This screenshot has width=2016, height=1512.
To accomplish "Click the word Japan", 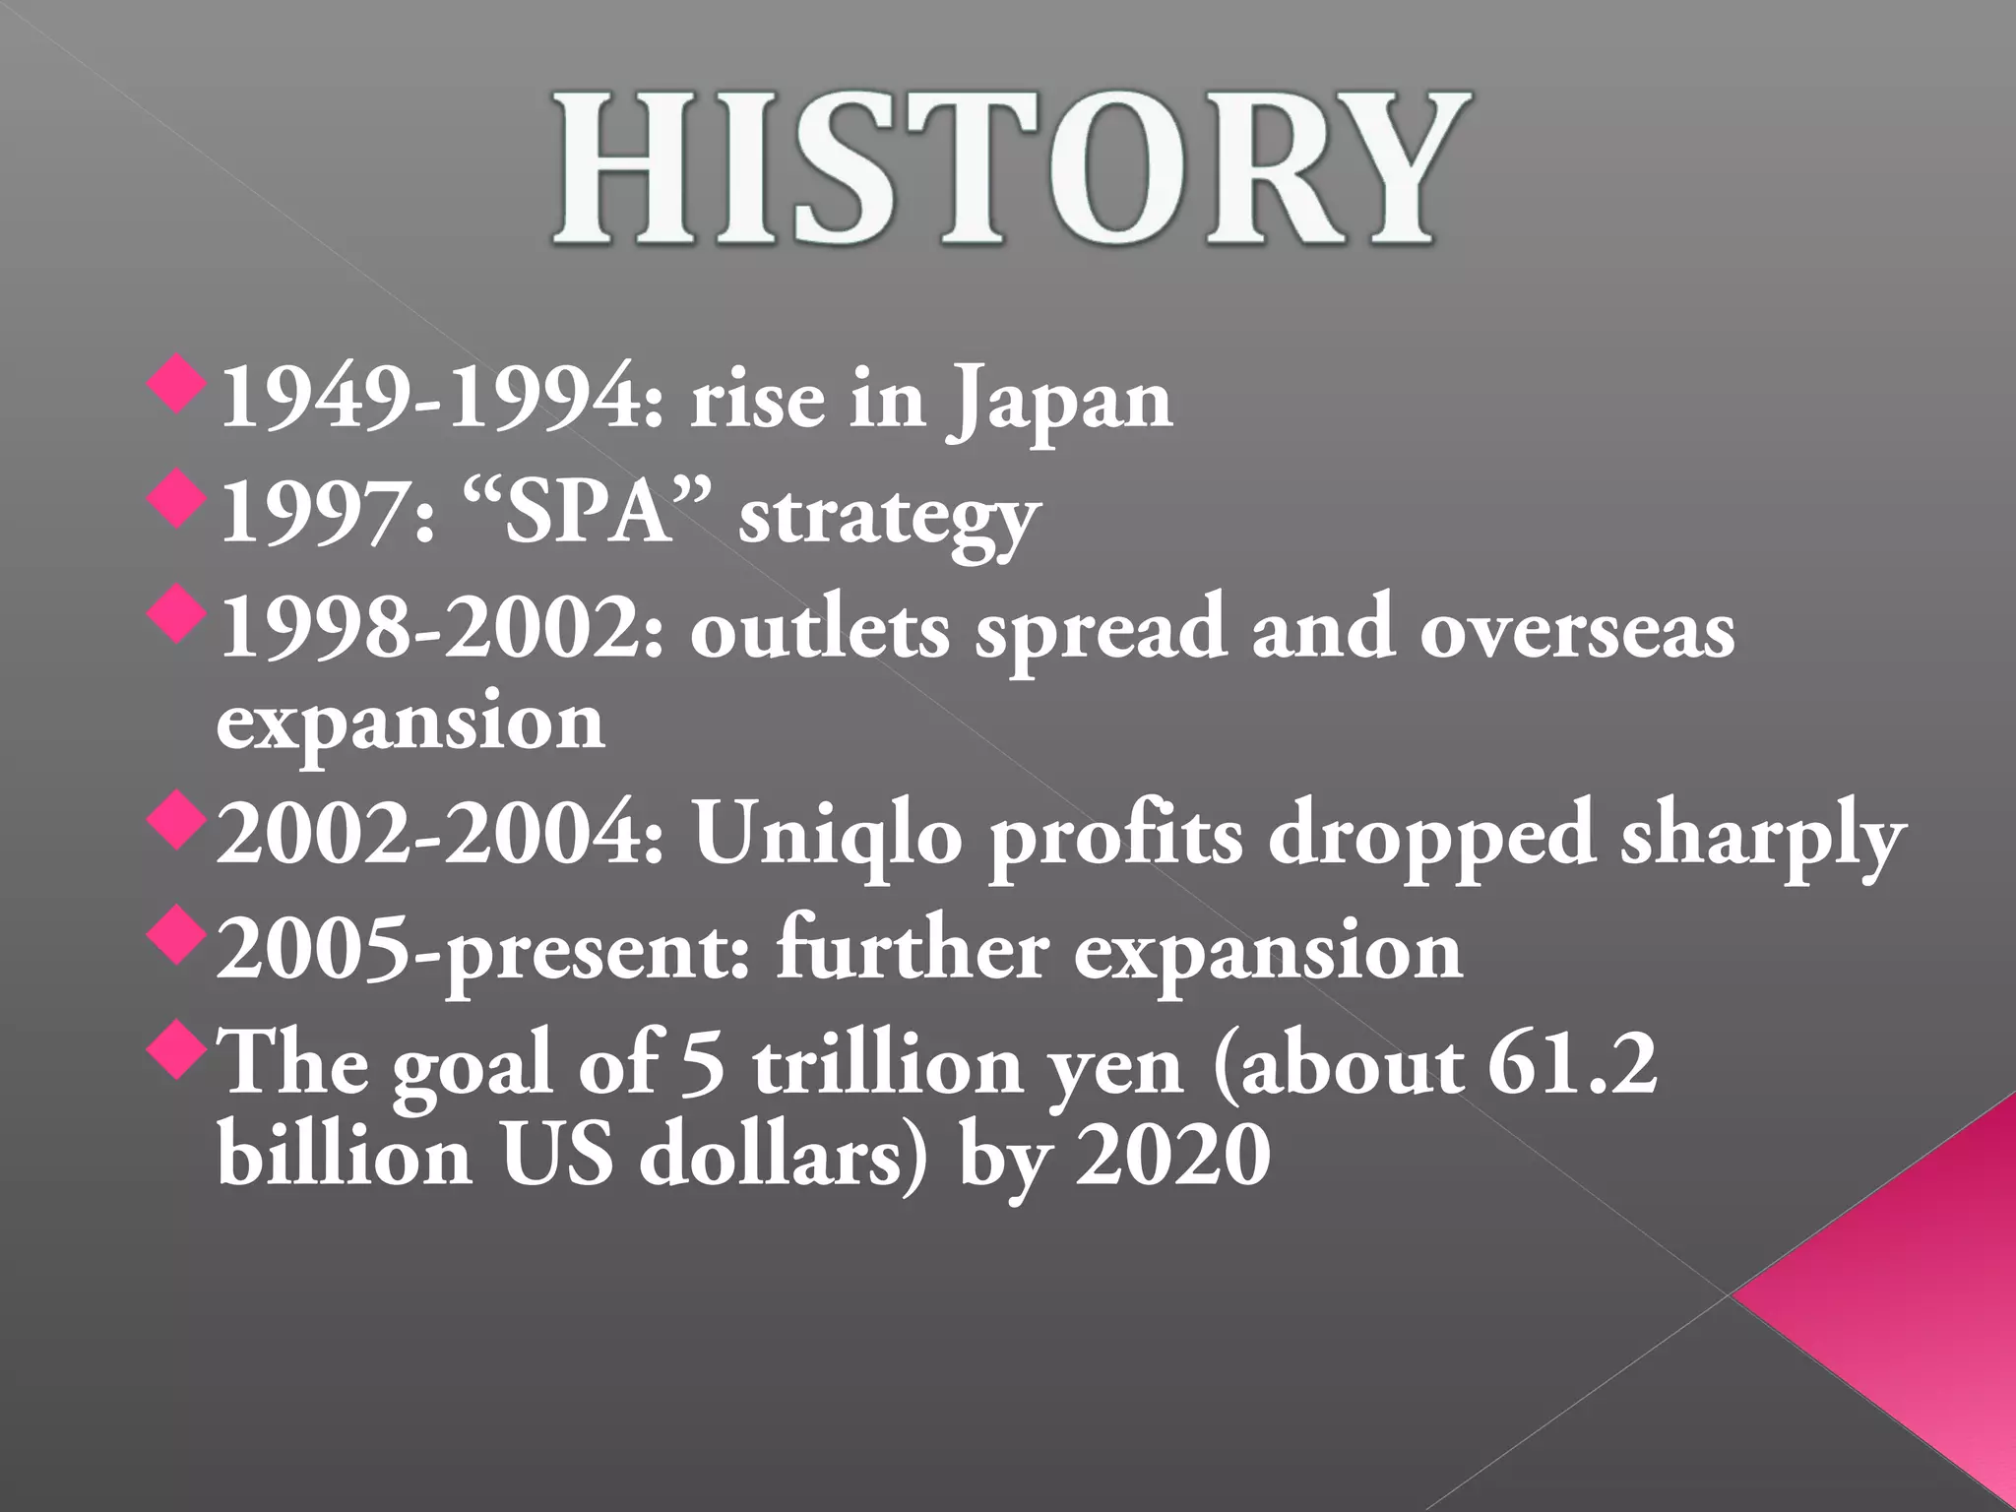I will coord(1060,401).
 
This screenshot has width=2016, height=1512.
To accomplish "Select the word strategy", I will coord(889,518).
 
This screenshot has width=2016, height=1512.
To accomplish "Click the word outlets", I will coord(820,630).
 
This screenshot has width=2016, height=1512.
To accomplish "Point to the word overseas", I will coord(1577,630).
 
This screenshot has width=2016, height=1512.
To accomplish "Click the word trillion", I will coord(888,1065).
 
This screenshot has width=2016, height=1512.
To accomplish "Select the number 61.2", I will coord(1572,1065).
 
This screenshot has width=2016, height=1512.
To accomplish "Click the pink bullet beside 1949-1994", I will coord(177,386).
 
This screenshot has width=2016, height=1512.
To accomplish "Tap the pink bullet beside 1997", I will coord(177,500).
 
